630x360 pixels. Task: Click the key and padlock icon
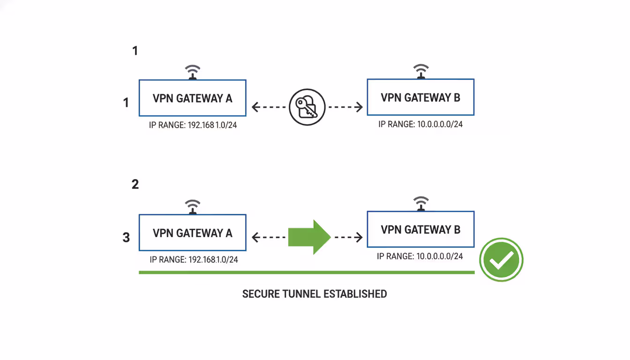tap(307, 107)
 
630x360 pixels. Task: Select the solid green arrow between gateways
tap(309, 237)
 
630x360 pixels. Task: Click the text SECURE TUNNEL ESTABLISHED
tap(315, 294)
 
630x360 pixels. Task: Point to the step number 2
tap(135, 184)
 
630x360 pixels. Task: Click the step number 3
tap(126, 238)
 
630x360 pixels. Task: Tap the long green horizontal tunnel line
tap(307, 272)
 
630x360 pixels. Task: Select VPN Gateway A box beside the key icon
tap(192, 98)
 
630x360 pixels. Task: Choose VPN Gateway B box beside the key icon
tap(420, 97)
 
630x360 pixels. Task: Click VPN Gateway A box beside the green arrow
tap(192, 233)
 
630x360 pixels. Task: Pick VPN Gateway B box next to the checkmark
tap(420, 229)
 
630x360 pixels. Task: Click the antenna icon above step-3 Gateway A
tap(192, 207)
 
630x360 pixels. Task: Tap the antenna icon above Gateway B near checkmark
tap(420, 203)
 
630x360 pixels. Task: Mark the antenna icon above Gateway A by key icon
tap(192, 72)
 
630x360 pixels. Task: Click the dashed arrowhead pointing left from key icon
tap(256, 107)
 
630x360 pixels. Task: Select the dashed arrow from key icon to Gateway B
tap(345, 107)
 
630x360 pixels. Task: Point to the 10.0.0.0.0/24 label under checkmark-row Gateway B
tap(420, 256)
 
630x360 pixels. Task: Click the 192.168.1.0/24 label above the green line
tap(194, 260)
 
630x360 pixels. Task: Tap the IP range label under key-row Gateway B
tap(420, 125)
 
